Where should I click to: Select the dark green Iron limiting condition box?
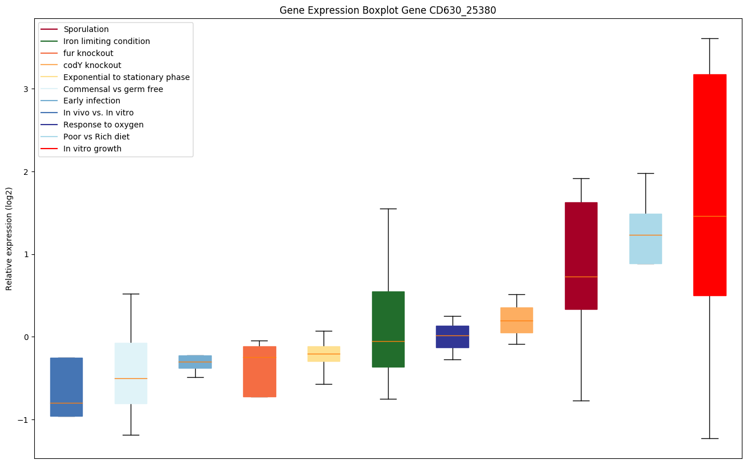388,329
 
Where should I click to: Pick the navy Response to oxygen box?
453,337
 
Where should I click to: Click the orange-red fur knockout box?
260,371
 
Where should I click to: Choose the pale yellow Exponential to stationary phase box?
324,354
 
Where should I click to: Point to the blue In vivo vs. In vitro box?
66,387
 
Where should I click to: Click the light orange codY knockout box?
516,320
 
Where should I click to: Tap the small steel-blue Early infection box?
195,362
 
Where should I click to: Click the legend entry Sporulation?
86,29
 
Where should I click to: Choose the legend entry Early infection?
92,101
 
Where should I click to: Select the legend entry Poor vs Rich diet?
96,137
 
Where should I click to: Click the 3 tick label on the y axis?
26,89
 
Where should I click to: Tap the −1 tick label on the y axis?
23,419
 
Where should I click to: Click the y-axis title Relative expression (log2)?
9,238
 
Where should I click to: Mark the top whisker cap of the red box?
709,38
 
